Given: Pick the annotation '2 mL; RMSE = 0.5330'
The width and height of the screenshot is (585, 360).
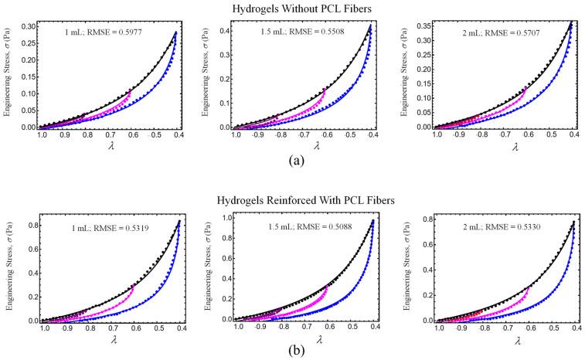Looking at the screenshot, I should coord(495,228).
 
